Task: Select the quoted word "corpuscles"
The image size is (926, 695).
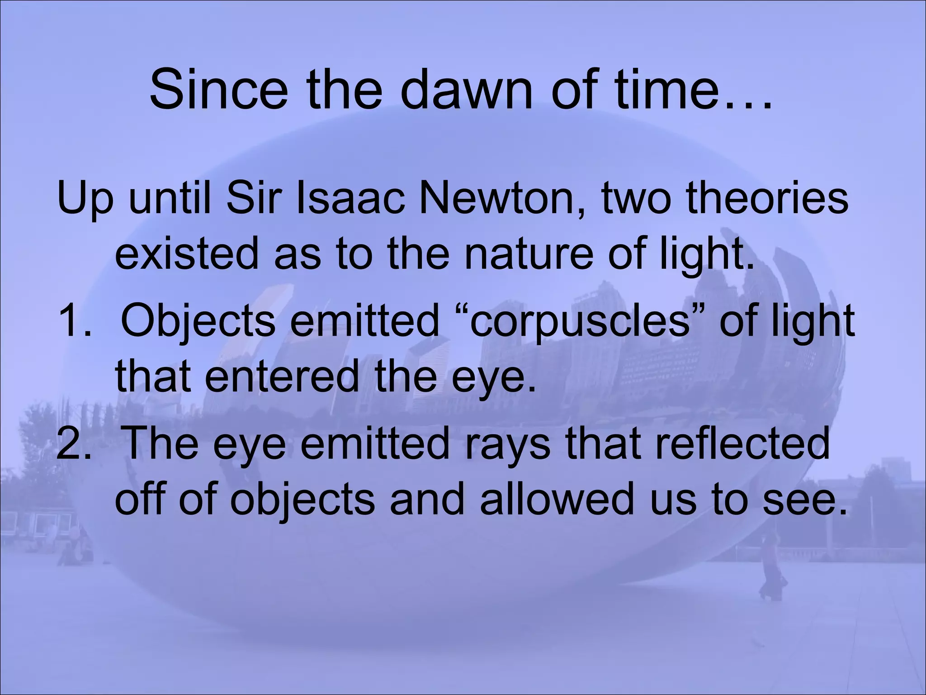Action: click(579, 322)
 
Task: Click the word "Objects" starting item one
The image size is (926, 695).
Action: click(198, 322)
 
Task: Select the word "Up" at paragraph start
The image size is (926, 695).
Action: click(85, 199)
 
